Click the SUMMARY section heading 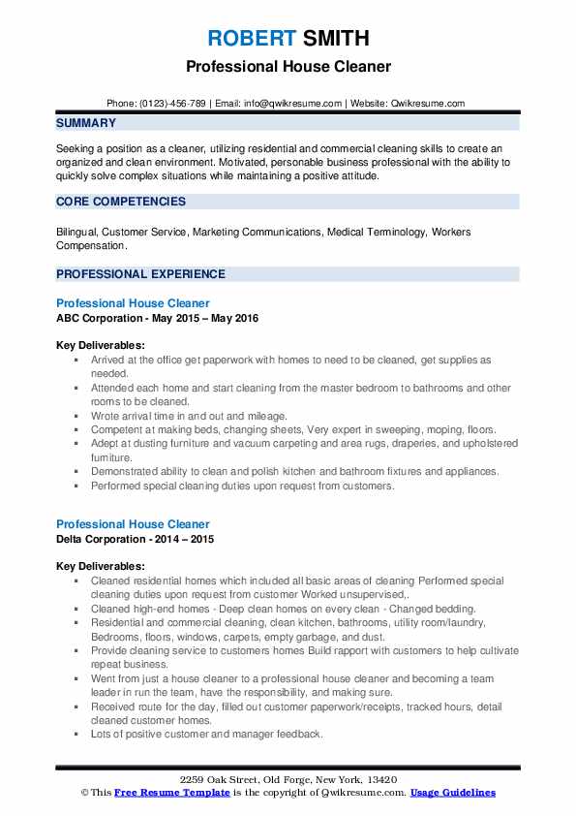(86, 123)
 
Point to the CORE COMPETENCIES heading (121, 202)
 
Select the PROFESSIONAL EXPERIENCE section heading (140, 274)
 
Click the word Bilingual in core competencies (76, 233)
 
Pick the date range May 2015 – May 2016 (206, 318)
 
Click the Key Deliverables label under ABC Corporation (101, 345)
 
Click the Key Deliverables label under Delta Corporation (101, 567)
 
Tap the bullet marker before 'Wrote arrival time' (76, 416)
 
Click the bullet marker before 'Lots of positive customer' (76, 735)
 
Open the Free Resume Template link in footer (161, 793)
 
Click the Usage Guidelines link (452, 793)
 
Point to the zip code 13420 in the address (382, 779)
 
